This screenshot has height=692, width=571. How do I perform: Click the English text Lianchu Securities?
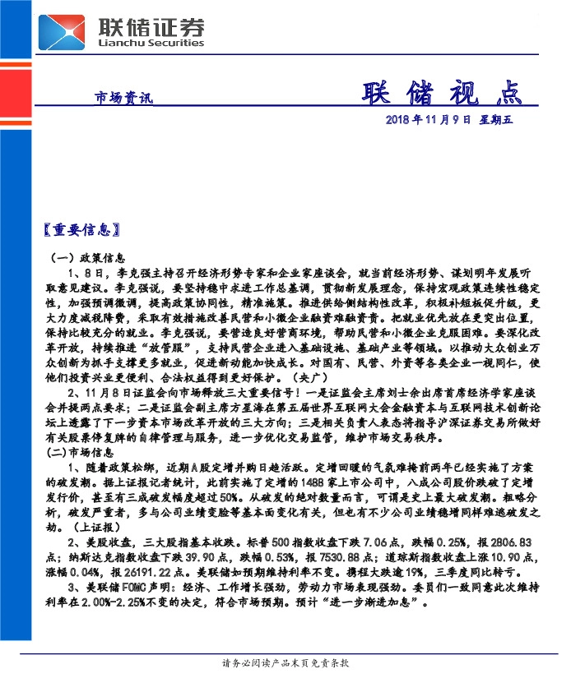(151, 43)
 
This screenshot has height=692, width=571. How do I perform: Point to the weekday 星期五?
(496, 120)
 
